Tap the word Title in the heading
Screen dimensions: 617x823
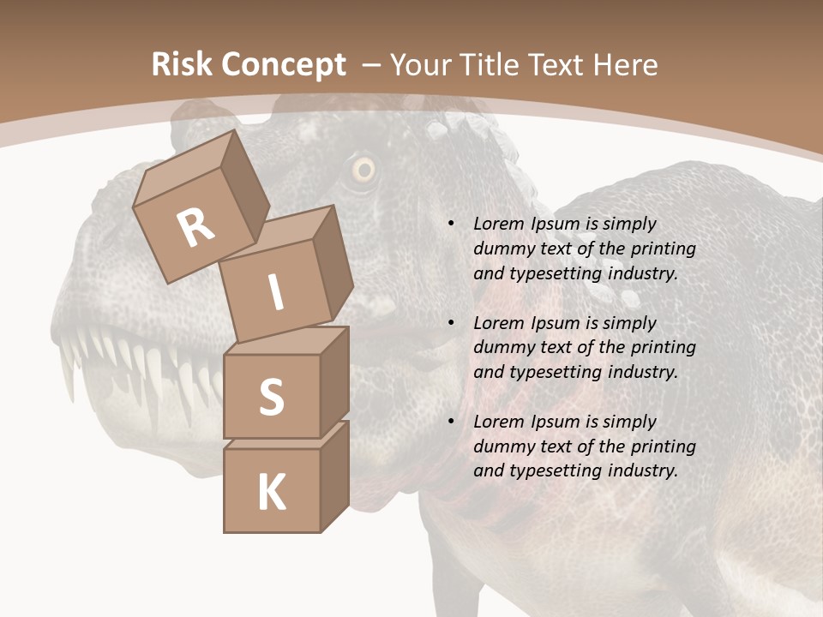tap(493, 64)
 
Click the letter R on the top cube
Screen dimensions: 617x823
tap(196, 228)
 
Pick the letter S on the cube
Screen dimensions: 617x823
tap(271, 398)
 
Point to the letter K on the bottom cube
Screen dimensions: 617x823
tap(271, 493)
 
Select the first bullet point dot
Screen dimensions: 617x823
tap(451, 224)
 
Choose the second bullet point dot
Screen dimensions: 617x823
tap(451, 323)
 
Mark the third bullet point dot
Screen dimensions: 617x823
tap(451, 422)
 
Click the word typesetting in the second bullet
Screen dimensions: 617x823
tap(554, 372)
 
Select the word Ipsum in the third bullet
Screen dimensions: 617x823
tap(556, 422)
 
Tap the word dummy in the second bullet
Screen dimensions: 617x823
tap(504, 347)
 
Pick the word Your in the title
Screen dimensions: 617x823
tap(422, 64)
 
